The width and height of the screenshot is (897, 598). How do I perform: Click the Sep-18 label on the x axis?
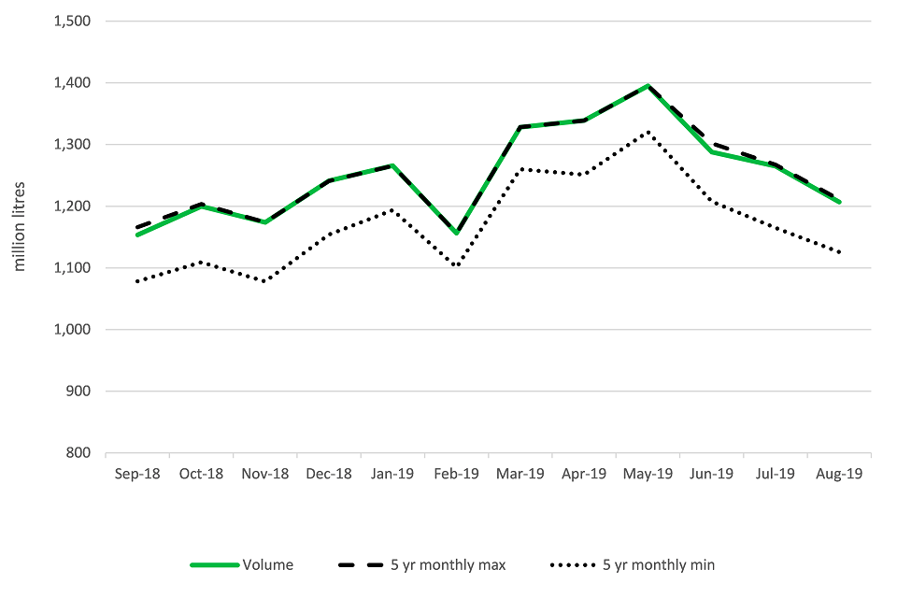tap(137, 474)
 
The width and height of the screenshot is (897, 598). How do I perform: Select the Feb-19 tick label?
tap(456, 474)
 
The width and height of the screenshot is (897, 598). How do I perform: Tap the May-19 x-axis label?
tap(648, 474)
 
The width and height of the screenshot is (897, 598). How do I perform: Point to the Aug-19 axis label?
tap(839, 474)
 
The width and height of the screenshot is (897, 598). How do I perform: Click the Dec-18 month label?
tap(329, 474)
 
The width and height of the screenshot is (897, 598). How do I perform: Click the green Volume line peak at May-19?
tap(648, 86)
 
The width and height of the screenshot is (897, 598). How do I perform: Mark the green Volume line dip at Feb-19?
tap(456, 234)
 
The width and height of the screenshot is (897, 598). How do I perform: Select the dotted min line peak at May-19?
tap(648, 132)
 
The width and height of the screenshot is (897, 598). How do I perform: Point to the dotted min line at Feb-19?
tap(456, 266)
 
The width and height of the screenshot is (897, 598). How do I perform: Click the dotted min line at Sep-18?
tap(137, 281)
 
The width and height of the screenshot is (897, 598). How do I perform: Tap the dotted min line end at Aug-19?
tap(839, 252)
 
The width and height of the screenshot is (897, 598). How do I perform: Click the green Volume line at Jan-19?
tap(392, 165)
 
